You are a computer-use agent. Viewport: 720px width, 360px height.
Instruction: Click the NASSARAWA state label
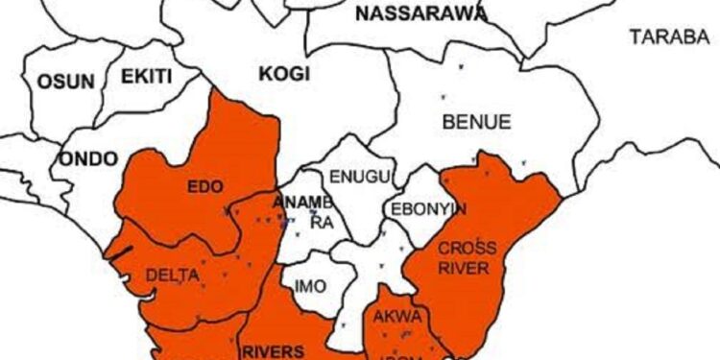click(420, 13)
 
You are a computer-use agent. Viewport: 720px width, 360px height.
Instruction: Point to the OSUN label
click(65, 82)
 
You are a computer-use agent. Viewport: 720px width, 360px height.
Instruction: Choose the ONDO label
click(88, 158)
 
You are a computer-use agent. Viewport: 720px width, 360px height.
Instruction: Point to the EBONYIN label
click(426, 208)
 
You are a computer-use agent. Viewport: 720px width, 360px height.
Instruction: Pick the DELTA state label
click(173, 276)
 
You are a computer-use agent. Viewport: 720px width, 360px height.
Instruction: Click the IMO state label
click(310, 286)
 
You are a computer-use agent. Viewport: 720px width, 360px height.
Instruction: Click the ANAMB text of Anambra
click(302, 203)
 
